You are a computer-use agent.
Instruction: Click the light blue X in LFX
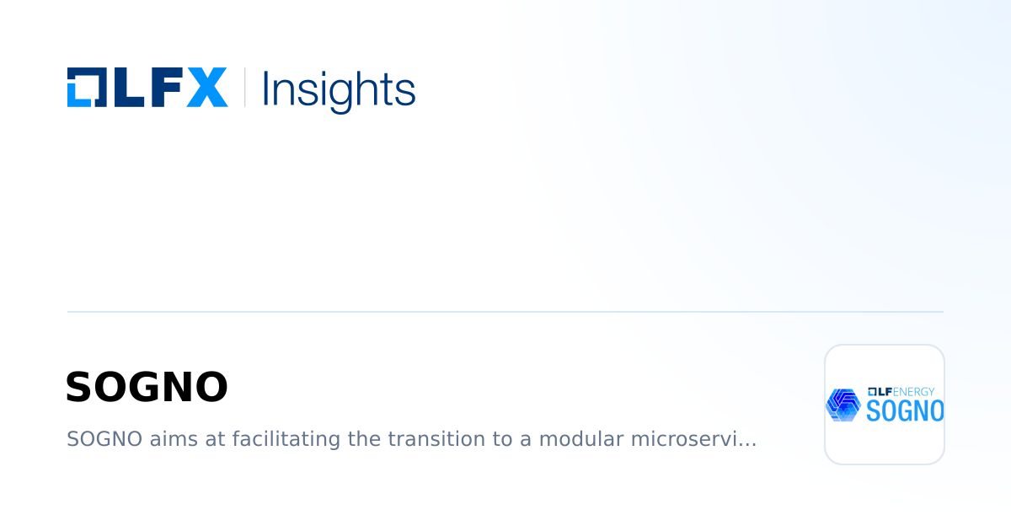pyautogui.click(x=206, y=87)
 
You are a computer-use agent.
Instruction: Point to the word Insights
pyautogui.click(x=339, y=88)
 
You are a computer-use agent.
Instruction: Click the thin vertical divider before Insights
pyautogui.click(x=244, y=87)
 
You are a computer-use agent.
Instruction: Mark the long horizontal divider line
pyautogui.click(x=505, y=312)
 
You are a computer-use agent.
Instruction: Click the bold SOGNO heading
pyautogui.click(x=147, y=388)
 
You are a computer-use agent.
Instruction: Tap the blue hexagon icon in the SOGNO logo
pyautogui.click(x=842, y=405)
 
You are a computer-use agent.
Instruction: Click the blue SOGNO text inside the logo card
pyautogui.click(x=905, y=411)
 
